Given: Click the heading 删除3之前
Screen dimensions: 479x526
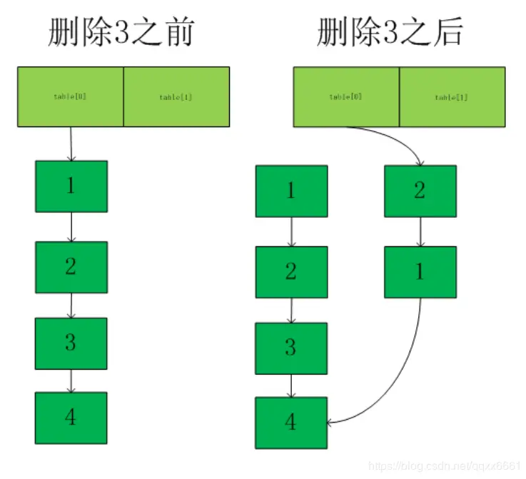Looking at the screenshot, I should tap(121, 33).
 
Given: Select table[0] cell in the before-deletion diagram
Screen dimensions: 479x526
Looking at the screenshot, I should tap(70, 96).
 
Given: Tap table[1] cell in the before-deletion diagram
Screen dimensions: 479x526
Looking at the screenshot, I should tap(176, 96).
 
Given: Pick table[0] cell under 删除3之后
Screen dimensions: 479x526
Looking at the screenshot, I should tap(346, 96).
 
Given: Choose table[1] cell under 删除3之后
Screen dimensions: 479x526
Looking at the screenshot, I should tap(452, 96).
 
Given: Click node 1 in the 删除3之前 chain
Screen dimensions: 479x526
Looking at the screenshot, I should tap(71, 186).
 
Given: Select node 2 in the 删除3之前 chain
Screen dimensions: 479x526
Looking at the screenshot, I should tap(71, 267).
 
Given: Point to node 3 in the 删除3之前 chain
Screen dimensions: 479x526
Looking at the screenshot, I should tap(71, 343).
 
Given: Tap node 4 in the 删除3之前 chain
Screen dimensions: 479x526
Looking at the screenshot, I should tap(71, 418).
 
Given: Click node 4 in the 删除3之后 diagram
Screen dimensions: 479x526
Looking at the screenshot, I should tap(291, 423).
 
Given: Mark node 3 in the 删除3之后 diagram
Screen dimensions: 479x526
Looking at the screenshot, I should tap(291, 348).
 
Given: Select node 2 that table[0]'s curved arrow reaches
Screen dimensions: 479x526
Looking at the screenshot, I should tap(420, 191).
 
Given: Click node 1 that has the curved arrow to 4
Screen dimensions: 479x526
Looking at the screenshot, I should tap(420, 272).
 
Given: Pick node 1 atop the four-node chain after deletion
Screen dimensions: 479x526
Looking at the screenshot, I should tap(291, 191).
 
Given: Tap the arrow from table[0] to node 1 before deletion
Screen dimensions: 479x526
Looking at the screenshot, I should tap(71, 143).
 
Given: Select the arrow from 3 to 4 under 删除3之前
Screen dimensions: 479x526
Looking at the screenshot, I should tap(71, 380).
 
